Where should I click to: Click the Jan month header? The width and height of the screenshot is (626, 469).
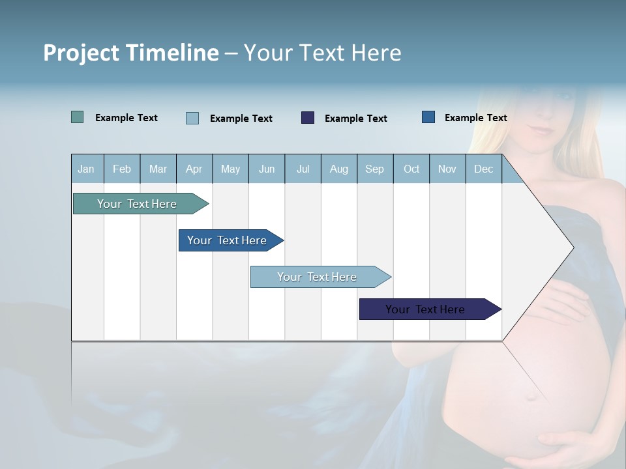point(87,169)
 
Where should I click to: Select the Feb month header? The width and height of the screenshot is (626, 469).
point(122,169)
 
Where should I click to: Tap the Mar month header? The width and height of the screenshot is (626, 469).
point(158,169)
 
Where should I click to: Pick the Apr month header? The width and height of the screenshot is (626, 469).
point(194,169)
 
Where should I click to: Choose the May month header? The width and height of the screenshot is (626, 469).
point(230,169)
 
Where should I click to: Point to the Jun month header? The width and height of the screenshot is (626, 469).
point(267,169)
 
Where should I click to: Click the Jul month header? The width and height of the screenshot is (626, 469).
point(303,169)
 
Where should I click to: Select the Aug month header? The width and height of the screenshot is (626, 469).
point(339,169)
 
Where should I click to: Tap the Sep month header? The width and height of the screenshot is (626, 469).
point(375,169)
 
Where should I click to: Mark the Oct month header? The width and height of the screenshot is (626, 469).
point(411,169)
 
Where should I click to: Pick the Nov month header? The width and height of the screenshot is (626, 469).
point(447,169)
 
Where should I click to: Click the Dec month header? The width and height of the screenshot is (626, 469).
point(484,169)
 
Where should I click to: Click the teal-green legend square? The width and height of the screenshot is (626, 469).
point(78,117)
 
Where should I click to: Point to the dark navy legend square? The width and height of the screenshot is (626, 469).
point(308,117)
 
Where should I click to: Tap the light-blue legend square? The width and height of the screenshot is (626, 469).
point(192,118)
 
